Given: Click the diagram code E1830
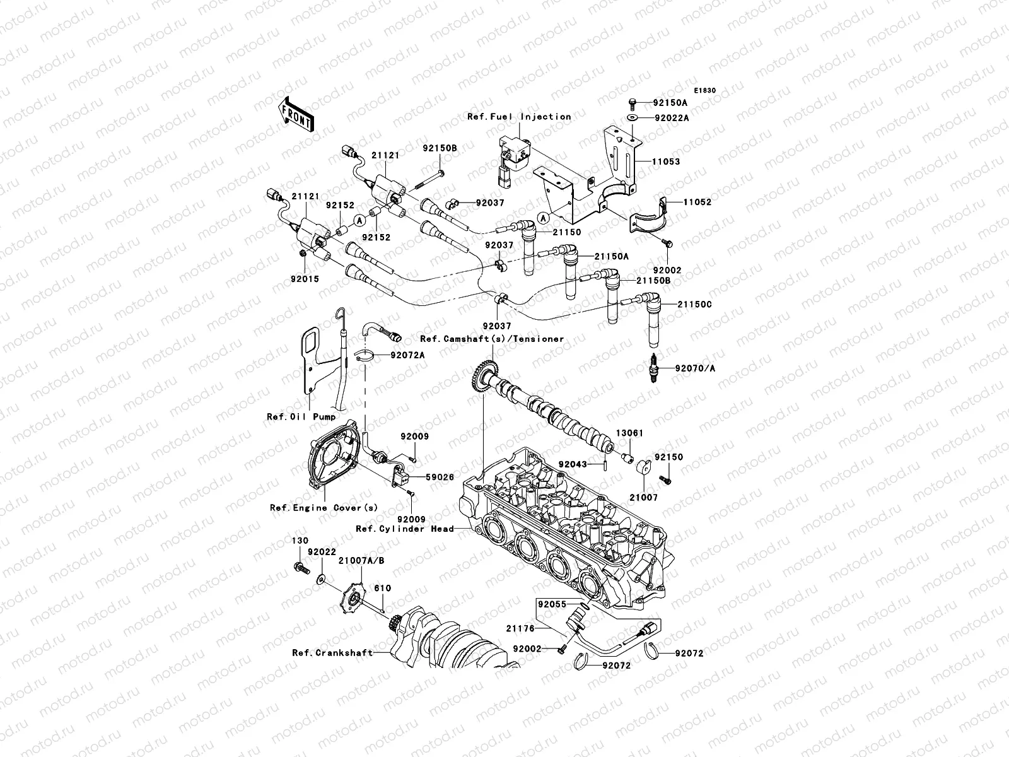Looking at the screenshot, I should pyautogui.click(x=706, y=91).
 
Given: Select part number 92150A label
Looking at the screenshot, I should pyautogui.click(x=670, y=102).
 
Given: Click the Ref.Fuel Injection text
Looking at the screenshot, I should pyautogui.click(x=527, y=117).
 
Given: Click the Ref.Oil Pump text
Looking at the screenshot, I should pyautogui.click(x=301, y=417).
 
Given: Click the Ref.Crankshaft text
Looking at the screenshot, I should pyautogui.click(x=332, y=653).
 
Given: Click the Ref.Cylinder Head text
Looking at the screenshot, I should pyautogui.click(x=404, y=529).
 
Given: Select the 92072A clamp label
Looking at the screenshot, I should pyautogui.click(x=407, y=355).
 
